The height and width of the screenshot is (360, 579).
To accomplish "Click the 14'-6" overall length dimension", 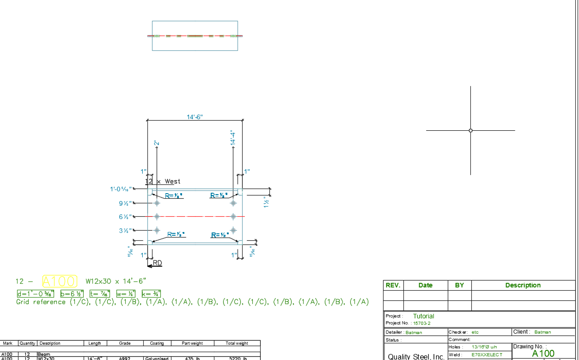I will point(195,117).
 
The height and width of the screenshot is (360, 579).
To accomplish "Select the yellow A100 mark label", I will point(60,281).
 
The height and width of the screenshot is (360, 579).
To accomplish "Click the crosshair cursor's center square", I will point(470,130).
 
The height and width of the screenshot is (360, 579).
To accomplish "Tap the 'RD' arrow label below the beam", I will point(157,263).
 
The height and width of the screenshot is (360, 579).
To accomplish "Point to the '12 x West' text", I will point(164,182).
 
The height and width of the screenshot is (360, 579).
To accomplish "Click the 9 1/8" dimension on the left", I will point(125,203).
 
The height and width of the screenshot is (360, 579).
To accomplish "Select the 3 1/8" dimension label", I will point(125,230).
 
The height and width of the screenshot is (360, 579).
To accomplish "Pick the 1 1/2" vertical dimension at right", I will point(266,202).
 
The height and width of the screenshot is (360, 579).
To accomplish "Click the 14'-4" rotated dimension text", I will point(233,139).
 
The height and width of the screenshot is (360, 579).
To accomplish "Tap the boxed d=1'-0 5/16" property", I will point(36,293).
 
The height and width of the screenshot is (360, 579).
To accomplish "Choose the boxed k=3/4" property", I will point(151,293).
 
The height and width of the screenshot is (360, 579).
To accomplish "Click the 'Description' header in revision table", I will point(523,285).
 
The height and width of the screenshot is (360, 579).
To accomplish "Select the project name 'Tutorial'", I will point(423,316).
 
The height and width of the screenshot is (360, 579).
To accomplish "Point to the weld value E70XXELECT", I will point(487,355).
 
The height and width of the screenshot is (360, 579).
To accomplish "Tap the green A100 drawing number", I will point(543,354).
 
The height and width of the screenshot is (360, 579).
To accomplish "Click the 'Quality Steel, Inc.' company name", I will point(416,356).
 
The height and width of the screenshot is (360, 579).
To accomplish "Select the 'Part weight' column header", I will point(192,343).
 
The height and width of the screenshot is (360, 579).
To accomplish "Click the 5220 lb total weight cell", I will point(238,359).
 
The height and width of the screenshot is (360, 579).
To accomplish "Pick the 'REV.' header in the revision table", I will point(393,285).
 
